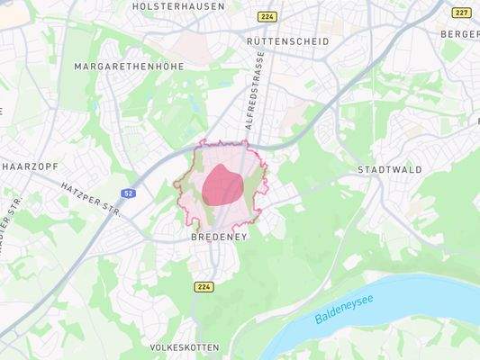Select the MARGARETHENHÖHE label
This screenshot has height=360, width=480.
pyautogui.click(x=129, y=67)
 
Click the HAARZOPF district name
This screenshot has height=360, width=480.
pyautogui.click(x=30, y=166)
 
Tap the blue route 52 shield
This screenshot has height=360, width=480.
pyautogui.click(x=130, y=193)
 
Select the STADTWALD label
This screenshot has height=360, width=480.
pyautogui.click(x=388, y=169)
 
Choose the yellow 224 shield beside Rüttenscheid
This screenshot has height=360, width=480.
pyautogui.click(x=267, y=16)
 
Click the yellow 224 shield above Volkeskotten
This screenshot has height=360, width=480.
pyautogui.click(x=204, y=286)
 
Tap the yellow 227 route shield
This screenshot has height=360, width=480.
pyautogui.click(x=461, y=13)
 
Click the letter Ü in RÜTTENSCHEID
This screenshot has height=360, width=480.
pyautogui.click(x=259, y=41)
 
